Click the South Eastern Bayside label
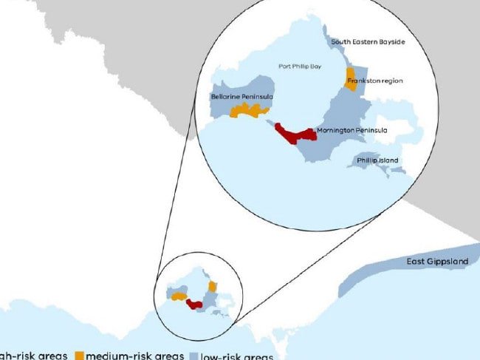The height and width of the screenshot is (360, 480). [x=368, y=42]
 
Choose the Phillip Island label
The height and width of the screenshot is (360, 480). [x=377, y=160]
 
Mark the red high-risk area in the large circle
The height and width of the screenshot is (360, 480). [x=295, y=135]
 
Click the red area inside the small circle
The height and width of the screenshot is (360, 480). [x=196, y=304]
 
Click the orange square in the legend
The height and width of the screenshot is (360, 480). [x=80, y=356]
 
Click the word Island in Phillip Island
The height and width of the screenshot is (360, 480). [x=388, y=160]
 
